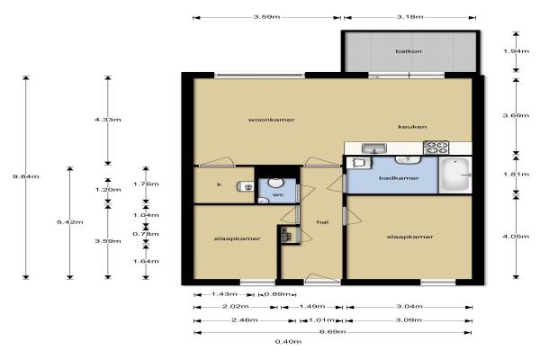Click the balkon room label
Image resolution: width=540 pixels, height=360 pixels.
409,51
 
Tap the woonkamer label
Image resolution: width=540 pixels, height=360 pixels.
272,120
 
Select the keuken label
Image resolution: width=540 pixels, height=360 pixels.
412,127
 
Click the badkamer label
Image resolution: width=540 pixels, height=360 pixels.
399,178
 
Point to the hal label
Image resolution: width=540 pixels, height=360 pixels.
322,222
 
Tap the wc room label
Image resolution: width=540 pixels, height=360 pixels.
278,194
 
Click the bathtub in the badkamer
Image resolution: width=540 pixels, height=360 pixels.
455,175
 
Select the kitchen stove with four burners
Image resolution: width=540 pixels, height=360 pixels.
436,148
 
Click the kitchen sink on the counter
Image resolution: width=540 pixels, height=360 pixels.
374,148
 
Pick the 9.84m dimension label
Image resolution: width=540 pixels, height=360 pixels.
26,176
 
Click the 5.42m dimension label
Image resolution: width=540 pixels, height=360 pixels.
70,222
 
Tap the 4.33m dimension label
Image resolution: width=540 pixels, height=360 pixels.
108,120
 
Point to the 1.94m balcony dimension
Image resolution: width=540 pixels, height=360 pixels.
516,51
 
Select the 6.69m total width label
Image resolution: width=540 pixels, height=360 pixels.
333,332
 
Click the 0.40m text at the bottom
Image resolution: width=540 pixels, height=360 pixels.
288,342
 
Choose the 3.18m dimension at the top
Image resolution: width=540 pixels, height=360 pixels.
409,16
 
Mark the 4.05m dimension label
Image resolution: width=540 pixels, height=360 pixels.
516,237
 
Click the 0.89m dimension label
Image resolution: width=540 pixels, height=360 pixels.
277,294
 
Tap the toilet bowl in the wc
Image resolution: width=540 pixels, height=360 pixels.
274,182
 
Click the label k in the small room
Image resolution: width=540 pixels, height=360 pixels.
219,184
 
